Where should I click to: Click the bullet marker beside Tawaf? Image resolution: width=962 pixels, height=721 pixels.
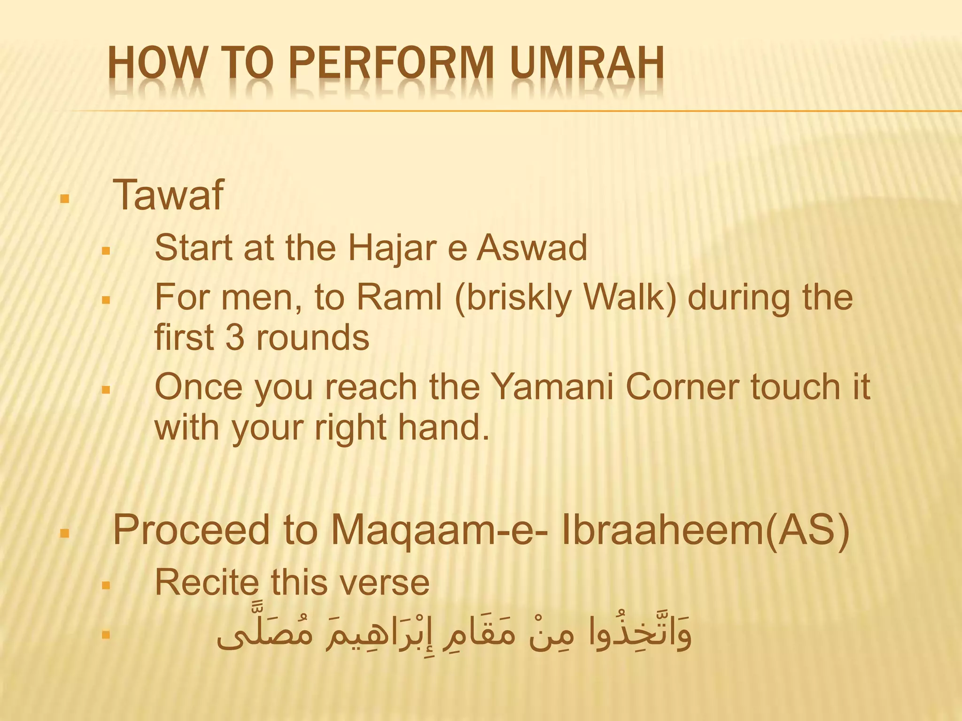pos(65,199)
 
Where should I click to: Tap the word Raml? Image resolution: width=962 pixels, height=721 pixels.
pos(399,298)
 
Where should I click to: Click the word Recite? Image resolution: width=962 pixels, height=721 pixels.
pos(207,583)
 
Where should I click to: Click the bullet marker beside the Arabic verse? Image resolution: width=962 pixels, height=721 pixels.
pos(106,636)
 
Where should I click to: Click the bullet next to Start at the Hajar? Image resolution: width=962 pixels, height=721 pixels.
pos(106,252)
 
